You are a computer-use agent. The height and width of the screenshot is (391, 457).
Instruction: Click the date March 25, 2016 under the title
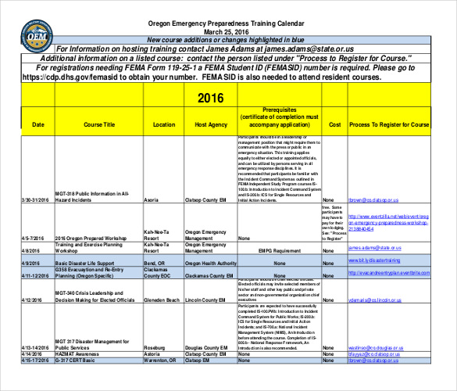click(x=223, y=32)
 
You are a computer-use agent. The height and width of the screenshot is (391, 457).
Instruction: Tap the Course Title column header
click(x=99, y=125)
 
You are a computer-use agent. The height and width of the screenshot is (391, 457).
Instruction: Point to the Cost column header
click(x=334, y=125)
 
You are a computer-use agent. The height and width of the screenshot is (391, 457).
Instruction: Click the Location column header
click(x=164, y=125)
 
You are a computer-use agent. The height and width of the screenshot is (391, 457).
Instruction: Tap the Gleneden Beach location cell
click(x=163, y=300)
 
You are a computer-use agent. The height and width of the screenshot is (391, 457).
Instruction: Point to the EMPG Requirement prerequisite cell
click(x=269, y=251)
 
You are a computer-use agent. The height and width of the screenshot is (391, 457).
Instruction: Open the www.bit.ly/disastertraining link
click(x=379, y=260)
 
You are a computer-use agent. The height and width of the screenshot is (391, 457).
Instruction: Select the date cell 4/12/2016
click(x=31, y=300)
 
